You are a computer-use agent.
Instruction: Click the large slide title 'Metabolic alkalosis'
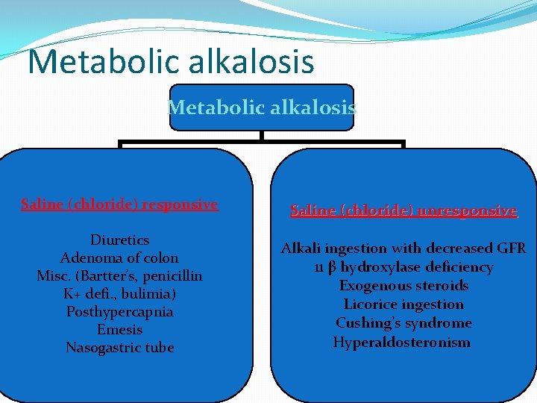tap(171, 61)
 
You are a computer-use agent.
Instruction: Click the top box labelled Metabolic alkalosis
tap(262, 107)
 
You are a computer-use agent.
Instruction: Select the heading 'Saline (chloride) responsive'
tap(119, 204)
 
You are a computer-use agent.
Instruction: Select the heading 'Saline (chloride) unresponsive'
tap(403, 210)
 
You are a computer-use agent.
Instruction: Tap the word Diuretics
tap(119, 240)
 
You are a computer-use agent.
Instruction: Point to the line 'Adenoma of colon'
tap(119, 258)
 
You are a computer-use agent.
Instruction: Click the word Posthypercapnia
tap(119, 312)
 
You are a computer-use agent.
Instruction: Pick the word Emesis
tap(119, 330)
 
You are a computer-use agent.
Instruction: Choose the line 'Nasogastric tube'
tap(119, 348)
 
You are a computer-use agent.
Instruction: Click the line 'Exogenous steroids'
tap(403, 286)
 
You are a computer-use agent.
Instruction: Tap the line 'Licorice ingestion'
tap(403, 304)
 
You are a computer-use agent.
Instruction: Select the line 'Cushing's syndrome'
tap(403, 323)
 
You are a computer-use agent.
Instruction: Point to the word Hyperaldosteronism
tap(402, 343)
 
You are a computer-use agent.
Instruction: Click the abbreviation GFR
tap(509, 249)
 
